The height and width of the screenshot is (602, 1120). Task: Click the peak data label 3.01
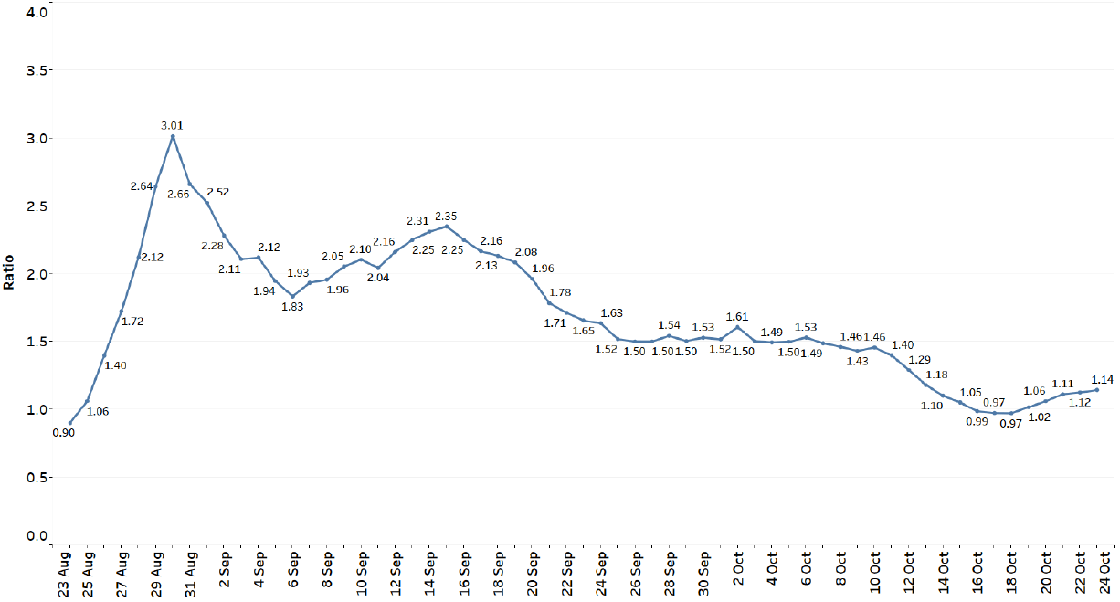coord(172,125)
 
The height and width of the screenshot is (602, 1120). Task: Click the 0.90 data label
coord(64,433)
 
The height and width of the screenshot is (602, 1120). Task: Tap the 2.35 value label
coord(446,216)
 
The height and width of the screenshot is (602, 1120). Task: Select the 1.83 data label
coord(292,306)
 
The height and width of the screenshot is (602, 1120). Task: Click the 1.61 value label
coord(736,316)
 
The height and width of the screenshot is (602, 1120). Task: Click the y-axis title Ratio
coord(9,272)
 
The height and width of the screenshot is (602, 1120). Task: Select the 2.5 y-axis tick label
coord(36,206)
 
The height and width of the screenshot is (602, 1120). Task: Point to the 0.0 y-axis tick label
coord(36,536)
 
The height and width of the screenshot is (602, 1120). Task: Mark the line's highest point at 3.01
coord(172,137)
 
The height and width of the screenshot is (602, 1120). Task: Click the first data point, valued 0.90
coord(70,423)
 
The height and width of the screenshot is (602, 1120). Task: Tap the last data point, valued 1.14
coord(1095,390)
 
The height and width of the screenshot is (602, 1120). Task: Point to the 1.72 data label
coord(133,322)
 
